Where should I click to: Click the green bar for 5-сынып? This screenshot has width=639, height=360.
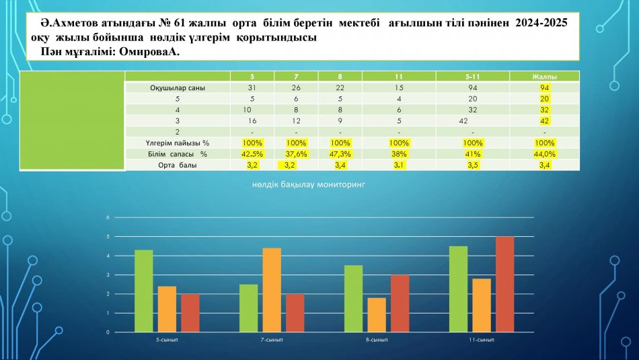pyautogui.click(x=143, y=291)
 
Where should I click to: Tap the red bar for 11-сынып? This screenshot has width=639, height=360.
pyautogui.click(x=504, y=284)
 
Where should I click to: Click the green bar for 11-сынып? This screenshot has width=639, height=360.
pyautogui.click(x=458, y=289)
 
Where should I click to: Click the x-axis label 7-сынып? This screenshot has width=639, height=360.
pyautogui.click(x=272, y=340)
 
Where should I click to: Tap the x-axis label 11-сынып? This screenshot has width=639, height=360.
pyautogui.click(x=481, y=340)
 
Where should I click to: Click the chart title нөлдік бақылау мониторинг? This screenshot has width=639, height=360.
pyautogui.click(x=319, y=183)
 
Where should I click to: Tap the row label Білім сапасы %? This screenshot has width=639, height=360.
pyautogui.click(x=178, y=153)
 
